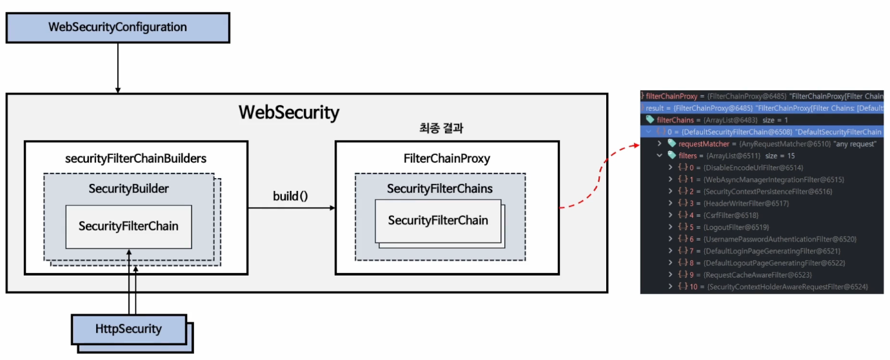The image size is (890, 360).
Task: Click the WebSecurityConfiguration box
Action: tap(117, 27)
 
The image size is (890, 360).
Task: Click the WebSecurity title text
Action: tap(288, 112)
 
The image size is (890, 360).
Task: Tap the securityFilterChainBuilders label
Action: tap(136, 158)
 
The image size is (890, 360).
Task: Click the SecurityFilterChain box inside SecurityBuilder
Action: tap(128, 226)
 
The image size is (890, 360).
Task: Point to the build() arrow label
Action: tap(290, 195)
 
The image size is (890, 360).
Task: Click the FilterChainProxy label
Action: tap(446, 158)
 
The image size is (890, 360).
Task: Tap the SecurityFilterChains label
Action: tap(440, 188)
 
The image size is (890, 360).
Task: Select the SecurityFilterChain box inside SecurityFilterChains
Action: tap(438, 221)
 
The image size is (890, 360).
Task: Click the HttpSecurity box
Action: tap(128, 329)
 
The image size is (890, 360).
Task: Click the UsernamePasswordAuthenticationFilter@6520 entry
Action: tap(767, 239)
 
